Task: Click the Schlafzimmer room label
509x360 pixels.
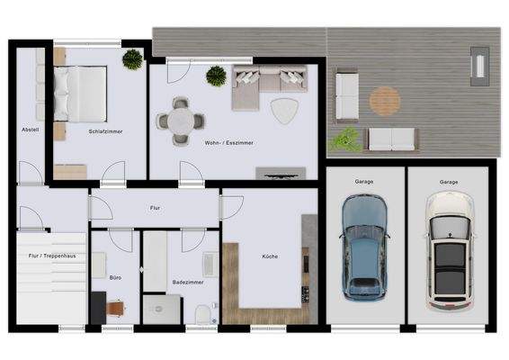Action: click(106, 131)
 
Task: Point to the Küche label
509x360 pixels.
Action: click(270, 256)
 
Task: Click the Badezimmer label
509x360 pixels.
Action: click(187, 282)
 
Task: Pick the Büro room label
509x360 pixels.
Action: click(116, 278)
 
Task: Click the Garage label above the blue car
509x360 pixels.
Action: click(364, 182)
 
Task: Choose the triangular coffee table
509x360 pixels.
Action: click(285, 110)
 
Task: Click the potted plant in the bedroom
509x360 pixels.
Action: click(133, 59)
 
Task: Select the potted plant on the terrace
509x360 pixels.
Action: click(344, 139)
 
